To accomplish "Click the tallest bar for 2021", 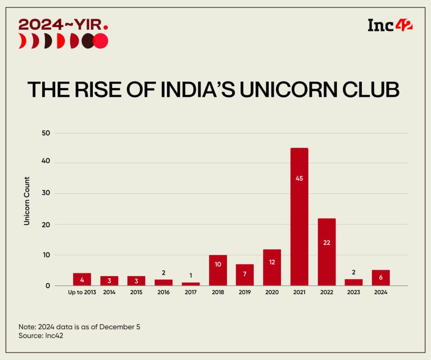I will tap(299, 217).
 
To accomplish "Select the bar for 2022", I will tap(327, 252).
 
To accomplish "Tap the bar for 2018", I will tap(218, 270).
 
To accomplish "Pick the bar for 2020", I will tap(272, 267).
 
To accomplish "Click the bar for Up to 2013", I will tap(82, 279).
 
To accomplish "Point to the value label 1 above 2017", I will tap(191, 275).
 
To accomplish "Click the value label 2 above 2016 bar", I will tap(164, 273).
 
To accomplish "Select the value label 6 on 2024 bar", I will tap(381, 278).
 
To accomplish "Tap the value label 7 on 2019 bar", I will tap(245, 275).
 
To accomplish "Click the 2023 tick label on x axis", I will tap(354, 292).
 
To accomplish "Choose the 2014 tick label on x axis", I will tap(109, 292).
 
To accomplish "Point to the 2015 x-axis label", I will tap(136, 292).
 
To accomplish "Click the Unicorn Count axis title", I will tap(27, 201).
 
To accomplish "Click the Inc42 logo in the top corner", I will tap(390, 25).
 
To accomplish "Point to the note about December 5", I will tap(79, 327).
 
